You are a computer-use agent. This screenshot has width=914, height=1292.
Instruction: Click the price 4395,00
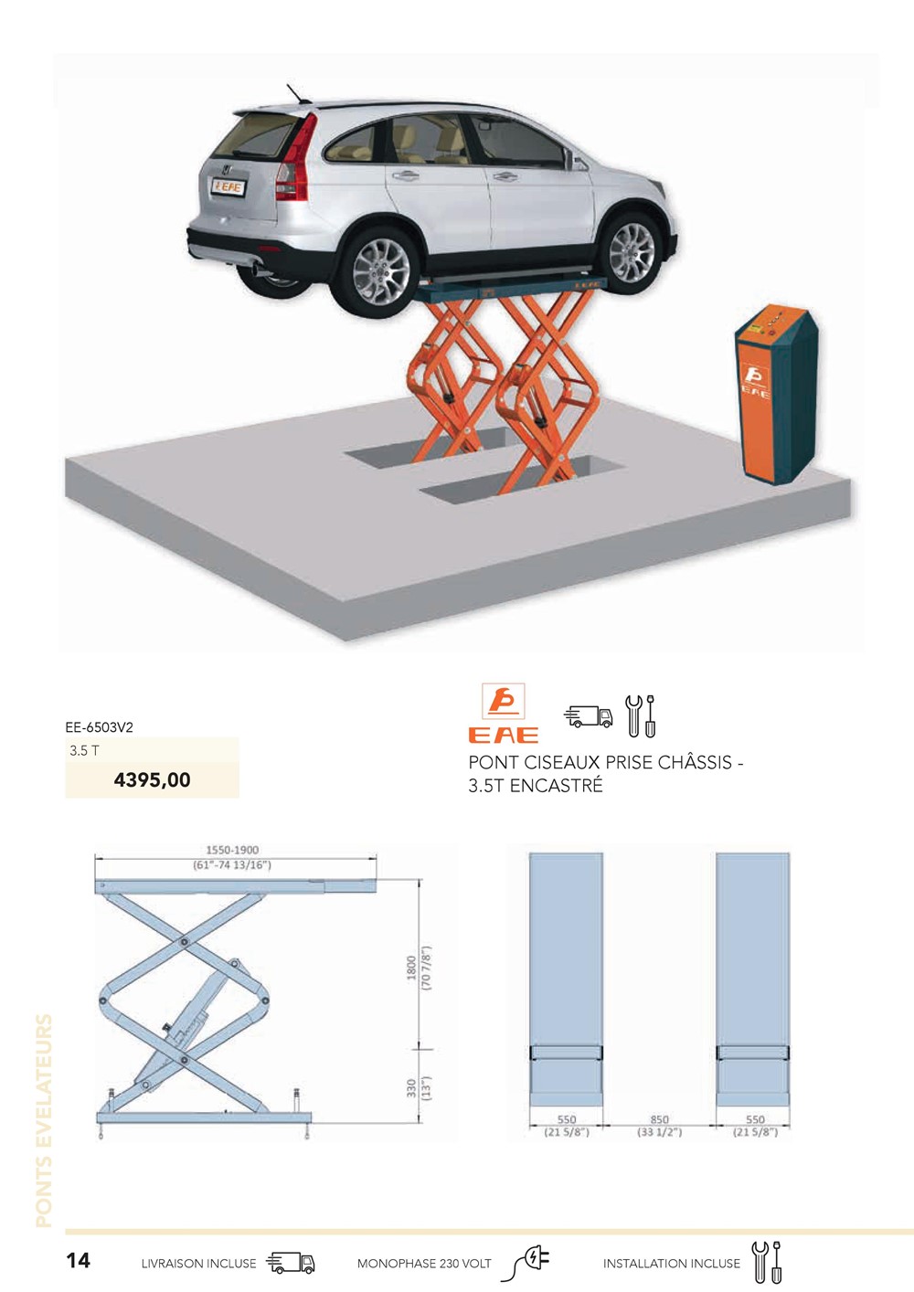point(153,779)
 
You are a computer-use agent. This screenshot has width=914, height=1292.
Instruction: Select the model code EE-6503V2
point(100,727)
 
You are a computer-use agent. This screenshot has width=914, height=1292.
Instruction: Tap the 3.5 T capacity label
point(84,750)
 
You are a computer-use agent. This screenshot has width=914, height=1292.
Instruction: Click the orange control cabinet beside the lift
point(776,397)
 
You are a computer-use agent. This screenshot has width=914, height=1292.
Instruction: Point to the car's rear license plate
point(228,186)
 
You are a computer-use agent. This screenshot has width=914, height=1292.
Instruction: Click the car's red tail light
point(296,157)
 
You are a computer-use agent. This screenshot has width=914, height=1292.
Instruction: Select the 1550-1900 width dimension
point(232,850)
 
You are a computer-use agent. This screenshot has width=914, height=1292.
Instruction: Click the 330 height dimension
point(410,1088)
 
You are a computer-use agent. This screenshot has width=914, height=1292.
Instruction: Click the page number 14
point(78,1260)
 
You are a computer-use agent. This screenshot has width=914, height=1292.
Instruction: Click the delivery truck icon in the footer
point(291,1262)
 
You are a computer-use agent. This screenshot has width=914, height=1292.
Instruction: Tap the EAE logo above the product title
point(504,713)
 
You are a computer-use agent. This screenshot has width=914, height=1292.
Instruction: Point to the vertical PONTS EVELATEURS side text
point(44,1121)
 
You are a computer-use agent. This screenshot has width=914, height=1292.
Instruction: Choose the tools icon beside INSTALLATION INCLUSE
point(768,1262)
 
